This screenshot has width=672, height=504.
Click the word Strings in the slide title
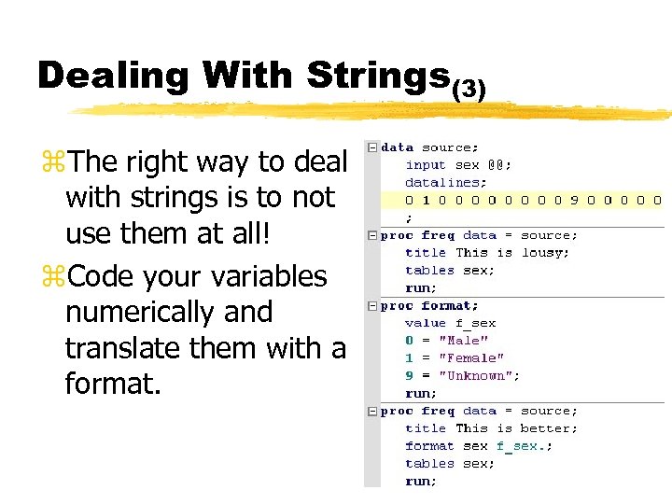[x=378, y=75]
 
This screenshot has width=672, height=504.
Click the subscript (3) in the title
[x=469, y=90]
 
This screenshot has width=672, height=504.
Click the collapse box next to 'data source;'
[x=372, y=147]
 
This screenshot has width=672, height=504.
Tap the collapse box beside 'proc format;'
[x=372, y=305]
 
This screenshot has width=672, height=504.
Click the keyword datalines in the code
[x=443, y=182]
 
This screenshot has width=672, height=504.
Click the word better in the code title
[x=550, y=428]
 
